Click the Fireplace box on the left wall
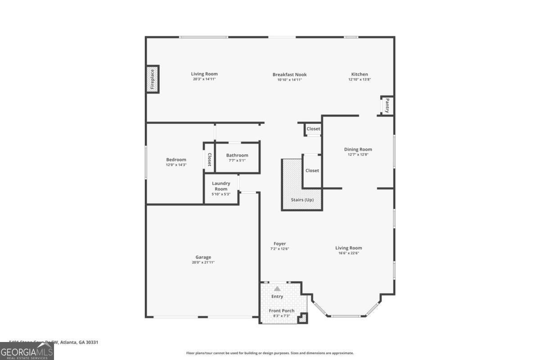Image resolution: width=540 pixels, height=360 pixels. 153,80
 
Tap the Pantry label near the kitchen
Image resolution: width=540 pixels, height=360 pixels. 387,106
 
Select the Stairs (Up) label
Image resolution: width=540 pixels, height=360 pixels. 302,200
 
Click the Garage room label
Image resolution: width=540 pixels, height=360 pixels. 203,257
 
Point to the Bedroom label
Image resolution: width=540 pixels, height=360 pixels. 176,160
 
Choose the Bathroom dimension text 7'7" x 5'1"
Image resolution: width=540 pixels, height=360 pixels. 237,160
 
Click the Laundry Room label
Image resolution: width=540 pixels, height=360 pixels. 221,186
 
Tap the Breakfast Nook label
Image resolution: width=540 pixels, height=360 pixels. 289,75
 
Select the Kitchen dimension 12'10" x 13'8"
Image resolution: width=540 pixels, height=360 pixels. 359,79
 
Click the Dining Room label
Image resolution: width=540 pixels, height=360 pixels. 358,149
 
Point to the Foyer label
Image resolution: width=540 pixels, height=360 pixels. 279,243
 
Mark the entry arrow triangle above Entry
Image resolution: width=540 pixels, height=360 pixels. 277,288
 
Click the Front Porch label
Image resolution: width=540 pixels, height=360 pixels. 282,310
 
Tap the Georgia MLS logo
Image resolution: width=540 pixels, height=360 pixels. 27,351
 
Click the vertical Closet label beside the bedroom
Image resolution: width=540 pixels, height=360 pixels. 209,159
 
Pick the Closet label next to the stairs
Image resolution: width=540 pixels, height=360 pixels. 312,171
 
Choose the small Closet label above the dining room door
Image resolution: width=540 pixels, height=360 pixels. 313,129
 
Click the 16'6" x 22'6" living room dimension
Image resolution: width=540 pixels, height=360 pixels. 348,253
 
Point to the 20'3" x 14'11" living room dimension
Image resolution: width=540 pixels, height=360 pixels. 204,79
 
